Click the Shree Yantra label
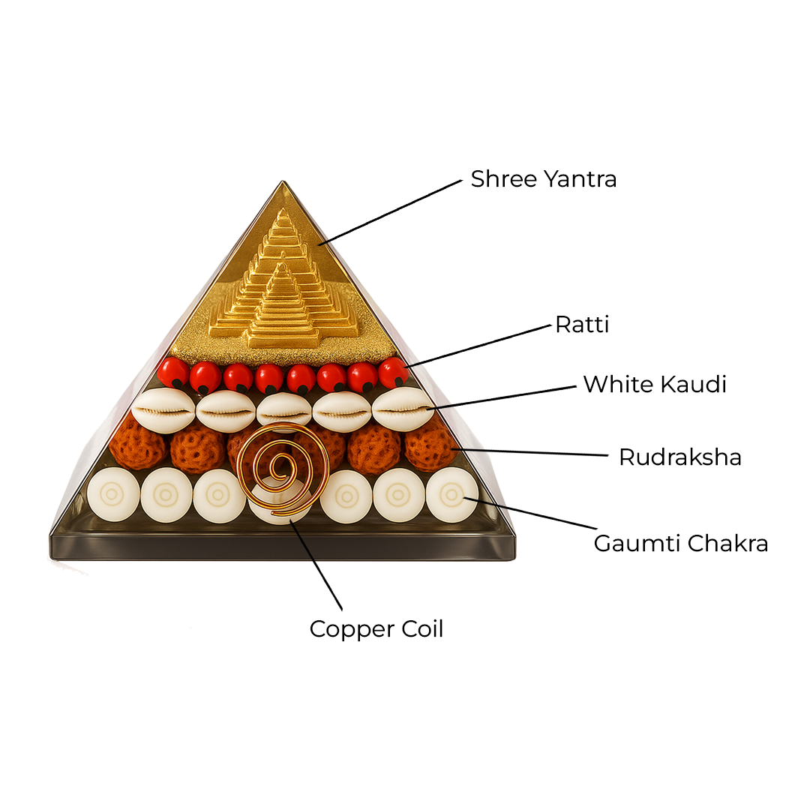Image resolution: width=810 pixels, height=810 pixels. (x=543, y=179)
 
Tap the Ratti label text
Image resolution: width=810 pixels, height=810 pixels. (x=582, y=325)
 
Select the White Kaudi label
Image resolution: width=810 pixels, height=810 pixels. (x=655, y=384)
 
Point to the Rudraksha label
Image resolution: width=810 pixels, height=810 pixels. (x=679, y=457)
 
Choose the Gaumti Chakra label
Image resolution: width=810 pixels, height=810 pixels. (x=680, y=543)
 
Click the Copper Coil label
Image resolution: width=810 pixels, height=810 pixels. (x=376, y=628)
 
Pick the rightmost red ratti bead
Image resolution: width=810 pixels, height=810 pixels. (x=393, y=373)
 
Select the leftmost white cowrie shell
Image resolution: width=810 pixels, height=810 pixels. (x=163, y=410)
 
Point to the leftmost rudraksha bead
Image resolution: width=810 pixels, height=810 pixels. (x=136, y=445)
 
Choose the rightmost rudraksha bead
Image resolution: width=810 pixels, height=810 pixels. (x=430, y=445)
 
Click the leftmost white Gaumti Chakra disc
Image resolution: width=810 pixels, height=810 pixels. (x=113, y=495)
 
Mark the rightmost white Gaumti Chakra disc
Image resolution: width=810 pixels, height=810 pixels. (x=451, y=495)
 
